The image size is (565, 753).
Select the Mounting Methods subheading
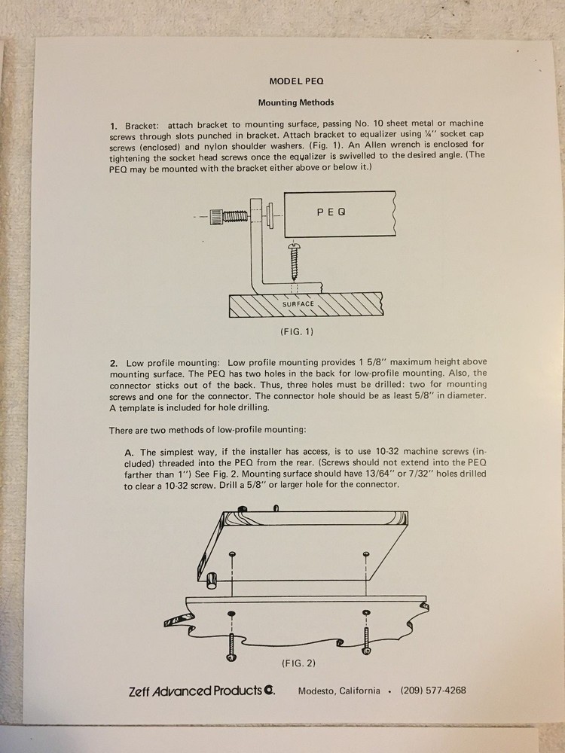point(295,102)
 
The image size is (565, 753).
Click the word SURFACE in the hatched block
point(298,304)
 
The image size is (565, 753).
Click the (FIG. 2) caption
point(298,664)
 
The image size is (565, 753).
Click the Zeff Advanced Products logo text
point(200,691)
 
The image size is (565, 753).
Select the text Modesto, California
point(339,691)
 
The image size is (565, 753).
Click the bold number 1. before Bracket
point(114,123)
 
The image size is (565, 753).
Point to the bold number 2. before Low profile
point(114,364)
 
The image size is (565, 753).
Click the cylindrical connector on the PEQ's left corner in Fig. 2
point(212,578)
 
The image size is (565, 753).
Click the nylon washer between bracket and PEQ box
point(270,214)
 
